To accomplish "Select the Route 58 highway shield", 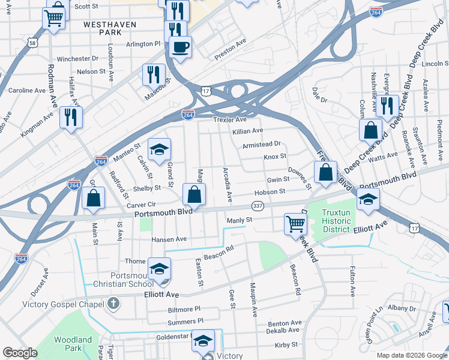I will point(32,43).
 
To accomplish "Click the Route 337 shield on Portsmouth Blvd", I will point(258,206).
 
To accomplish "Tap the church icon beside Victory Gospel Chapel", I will point(112,304).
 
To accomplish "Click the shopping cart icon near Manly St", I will point(296,224).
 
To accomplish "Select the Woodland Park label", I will point(73,343).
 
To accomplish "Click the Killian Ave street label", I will point(248,131).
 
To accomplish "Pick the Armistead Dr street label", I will point(261,144).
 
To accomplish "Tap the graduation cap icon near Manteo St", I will point(159,150).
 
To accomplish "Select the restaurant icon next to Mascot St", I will point(154,75).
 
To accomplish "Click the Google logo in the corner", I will point(20,352).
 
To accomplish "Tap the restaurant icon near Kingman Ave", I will point(71,117).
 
